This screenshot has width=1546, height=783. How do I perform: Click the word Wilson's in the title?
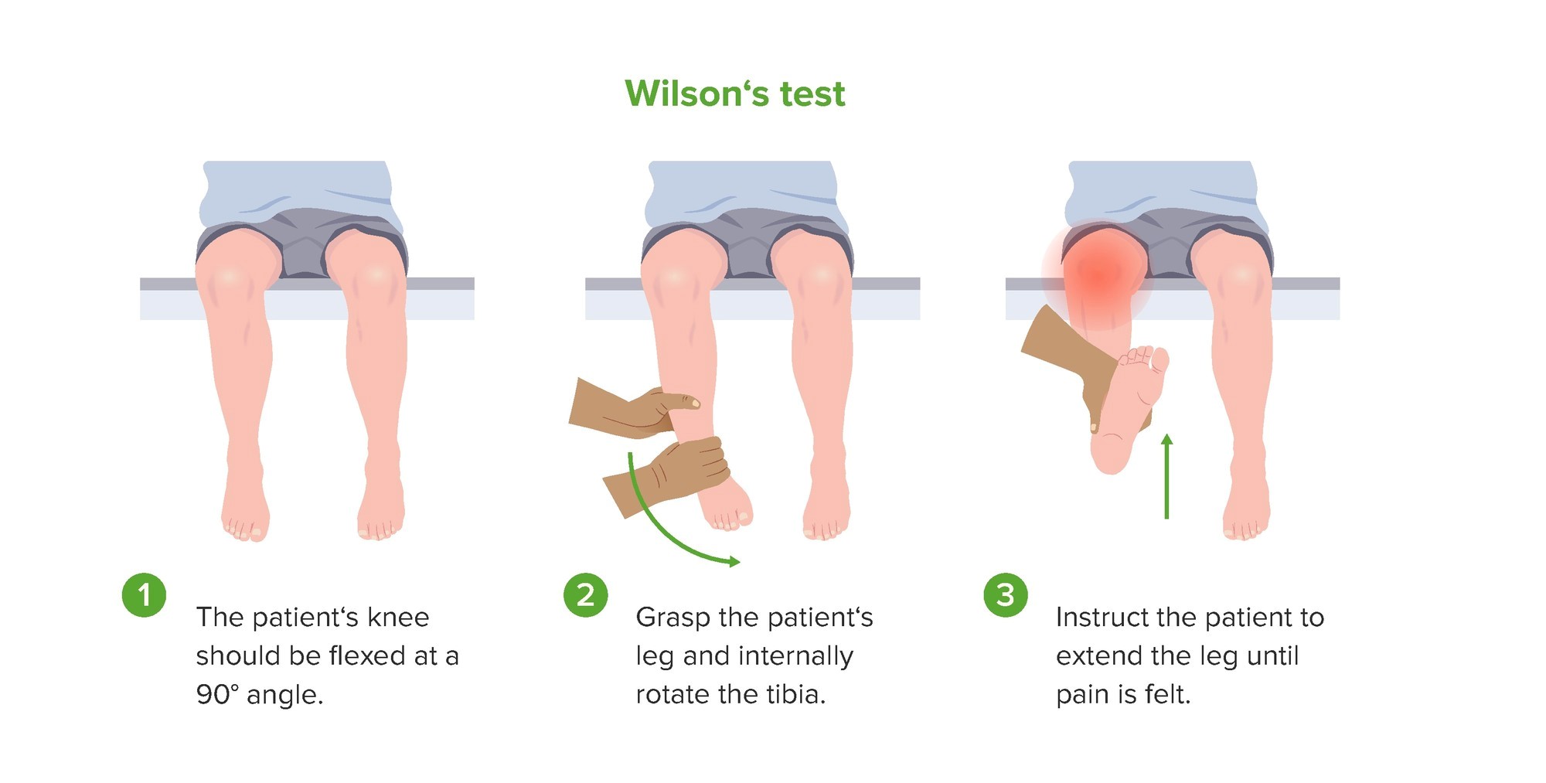[697, 94]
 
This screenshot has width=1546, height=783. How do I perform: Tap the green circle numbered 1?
[144, 595]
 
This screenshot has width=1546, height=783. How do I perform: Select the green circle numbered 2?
[586, 595]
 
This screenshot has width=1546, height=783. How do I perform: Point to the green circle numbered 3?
[1005, 595]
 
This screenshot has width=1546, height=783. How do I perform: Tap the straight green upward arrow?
[1166, 475]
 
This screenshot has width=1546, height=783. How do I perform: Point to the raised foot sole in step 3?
[1125, 410]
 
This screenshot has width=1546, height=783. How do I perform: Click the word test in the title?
[812, 94]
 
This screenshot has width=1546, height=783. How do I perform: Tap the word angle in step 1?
[284, 695]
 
